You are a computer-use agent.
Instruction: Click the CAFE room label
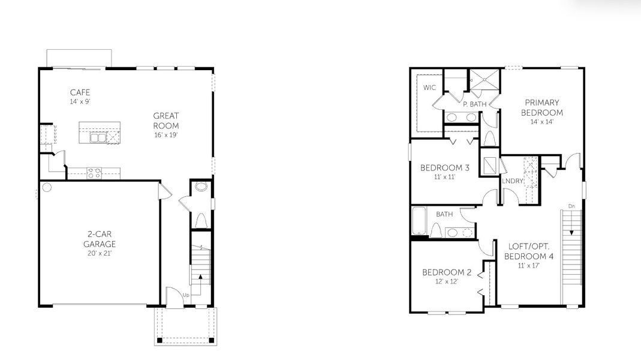(x=80, y=92)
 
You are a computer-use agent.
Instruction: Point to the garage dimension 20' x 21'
(x=100, y=254)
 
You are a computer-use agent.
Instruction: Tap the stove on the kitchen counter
(x=94, y=173)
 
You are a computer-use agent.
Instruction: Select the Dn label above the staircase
(x=571, y=206)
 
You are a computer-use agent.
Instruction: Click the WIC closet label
(x=429, y=88)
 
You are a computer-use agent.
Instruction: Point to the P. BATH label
(x=474, y=104)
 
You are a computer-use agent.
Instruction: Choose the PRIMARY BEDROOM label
(x=541, y=107)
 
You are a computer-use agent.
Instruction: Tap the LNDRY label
(x=513, y=181)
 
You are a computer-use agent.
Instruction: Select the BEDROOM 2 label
(x=447, y=272)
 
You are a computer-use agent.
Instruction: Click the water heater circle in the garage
(x=47, y=187)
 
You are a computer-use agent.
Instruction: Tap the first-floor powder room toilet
(x=201, y=187)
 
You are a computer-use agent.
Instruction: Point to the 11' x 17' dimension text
(x=529, y=265)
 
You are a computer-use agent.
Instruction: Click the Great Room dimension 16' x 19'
(x=166, y=135)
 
